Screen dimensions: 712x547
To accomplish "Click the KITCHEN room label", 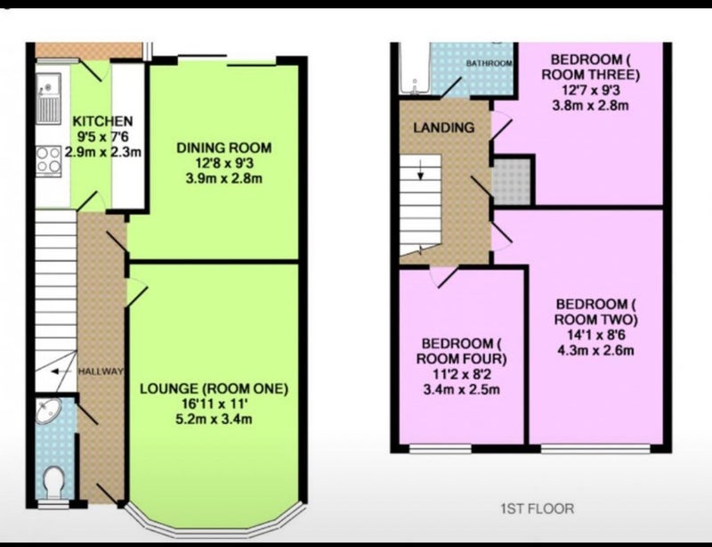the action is (x=102, y=121).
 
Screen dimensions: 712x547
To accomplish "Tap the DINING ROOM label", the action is (x=224, y=148).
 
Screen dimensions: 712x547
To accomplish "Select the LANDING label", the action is (x=443, y=127).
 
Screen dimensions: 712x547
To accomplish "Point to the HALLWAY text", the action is (x=101, y=371).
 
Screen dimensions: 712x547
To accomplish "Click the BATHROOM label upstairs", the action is (x=489, y=63).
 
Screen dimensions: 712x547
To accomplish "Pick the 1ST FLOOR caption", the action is (x=538, y=509).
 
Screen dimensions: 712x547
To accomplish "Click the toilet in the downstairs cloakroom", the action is (x=54, y=482).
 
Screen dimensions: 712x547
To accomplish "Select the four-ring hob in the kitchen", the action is (x=49, y=159).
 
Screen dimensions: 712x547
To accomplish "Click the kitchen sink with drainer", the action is (x=49, y=98).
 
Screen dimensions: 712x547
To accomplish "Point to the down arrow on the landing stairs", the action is (x=421, y=170).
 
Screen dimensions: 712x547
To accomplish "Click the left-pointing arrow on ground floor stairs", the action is (x=61, y=371).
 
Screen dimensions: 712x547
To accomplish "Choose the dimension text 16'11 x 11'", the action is (x=214, y=404).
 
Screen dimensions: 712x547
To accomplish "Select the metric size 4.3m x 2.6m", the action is (x=595, y=351).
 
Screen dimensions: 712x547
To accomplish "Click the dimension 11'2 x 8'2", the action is (x=461, y=374).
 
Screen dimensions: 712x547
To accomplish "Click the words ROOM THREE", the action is (x=590, y=75).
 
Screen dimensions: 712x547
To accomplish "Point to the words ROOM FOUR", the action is (x=461, y=359).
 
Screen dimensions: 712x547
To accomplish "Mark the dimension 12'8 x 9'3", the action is (x=224, y=163).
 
